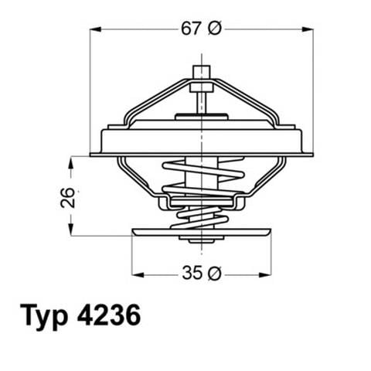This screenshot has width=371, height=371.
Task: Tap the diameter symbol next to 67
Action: tap(215, 29)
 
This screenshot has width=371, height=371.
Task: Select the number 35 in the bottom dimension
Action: tap(190, 273)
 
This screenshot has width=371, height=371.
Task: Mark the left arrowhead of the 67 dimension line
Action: tap(94, 29)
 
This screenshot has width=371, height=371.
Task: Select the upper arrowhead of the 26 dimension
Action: tap(73, 160)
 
